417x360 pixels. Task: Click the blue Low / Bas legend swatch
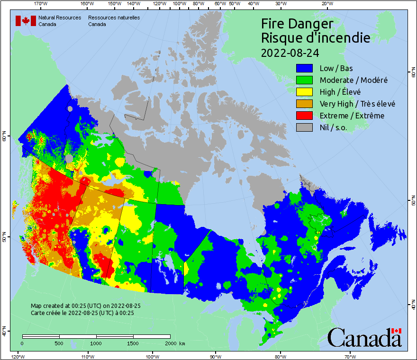pyautogui.click(x=305, y=68)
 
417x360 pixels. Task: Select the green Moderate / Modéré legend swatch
pyautogui.click(x=305, y=80)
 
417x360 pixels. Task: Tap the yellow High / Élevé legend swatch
pyautogui.click(x=305, y=92)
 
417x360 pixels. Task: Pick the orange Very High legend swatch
pyautogui.click(x=305, y=104)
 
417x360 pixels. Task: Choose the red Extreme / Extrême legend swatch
pyautogui.click(x=305, y=116)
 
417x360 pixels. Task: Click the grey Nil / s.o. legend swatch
pyautogui.click(x=305, y=127)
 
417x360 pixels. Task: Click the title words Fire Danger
pyautogui.click(x=297, y=23)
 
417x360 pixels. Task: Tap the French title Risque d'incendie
pyautogui.click(x=316, y=37)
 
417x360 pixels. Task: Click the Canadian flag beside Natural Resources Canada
pyautogui.click(x=26, y=21)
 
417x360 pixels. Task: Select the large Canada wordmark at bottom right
pyautogui.click(x=364, y=337)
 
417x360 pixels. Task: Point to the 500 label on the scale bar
pyautogui.click(x=59, y=343)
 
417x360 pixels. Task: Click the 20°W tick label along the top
pyautogui.click(x=326, y=4)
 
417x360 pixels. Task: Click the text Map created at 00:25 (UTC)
pyautogui.click(x=85, y=306)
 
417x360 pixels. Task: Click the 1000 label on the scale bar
pyautogui.click(x=96, y=343)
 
